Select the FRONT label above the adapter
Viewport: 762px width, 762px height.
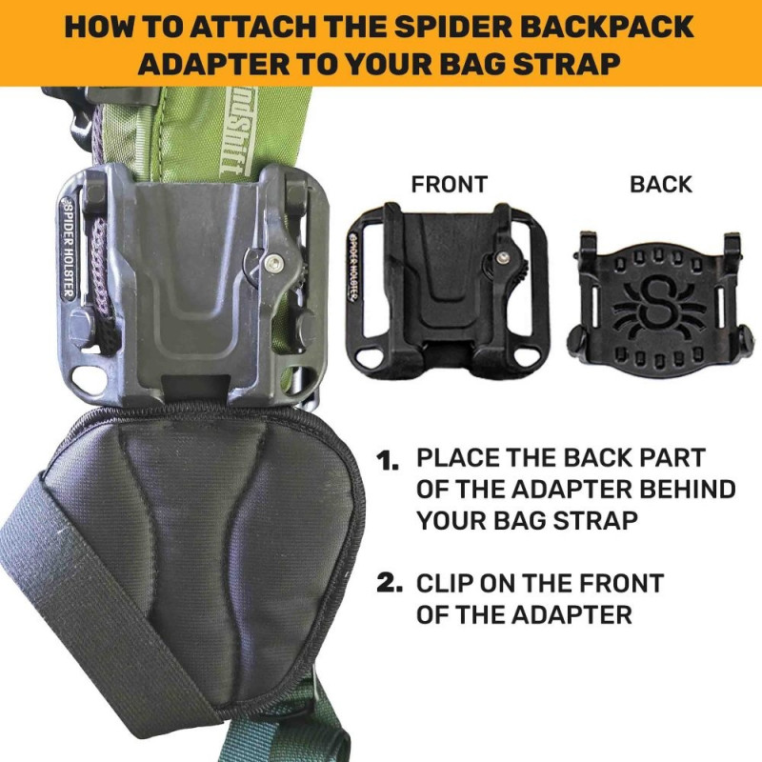[x=449, y=185]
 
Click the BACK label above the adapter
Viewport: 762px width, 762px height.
[x=661, y=185]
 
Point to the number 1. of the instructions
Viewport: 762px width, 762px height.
[x=388, y=460]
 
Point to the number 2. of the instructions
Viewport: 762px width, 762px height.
[x=390, y=583]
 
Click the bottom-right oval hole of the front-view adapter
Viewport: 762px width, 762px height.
[x=528, y=355]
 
